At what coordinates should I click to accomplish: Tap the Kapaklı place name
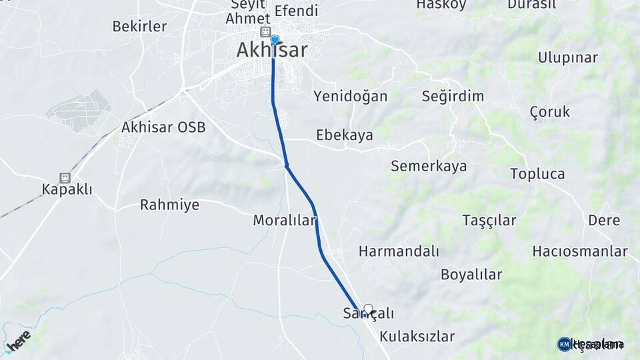click(x=67, y=190)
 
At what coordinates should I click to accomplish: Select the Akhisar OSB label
click(x=163, y=127)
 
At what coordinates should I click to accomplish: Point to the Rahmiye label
click(x=169, y=205)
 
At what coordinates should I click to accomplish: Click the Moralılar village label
click(x=284, y=220)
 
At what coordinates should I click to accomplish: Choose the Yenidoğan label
click(x=350, y=96)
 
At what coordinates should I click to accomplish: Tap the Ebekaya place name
click(x=344, y=135)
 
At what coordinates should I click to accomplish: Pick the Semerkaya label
click(x=429, y=166)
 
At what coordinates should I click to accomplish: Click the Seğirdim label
click(x=453, y=96)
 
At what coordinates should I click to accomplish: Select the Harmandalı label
click(x=399, y=251)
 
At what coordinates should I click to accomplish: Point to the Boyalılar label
click(x=471, y=274)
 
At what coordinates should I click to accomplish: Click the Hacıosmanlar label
click(x=580, y=251)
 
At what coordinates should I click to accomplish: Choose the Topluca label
click(x=537, y=174)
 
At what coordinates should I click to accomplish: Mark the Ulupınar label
click(x=568, y=57)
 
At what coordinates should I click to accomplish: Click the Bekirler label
click(x=139, y=27)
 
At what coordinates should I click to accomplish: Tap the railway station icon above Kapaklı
click(x=65, y=178)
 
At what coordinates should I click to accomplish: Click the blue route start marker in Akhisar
click(x=274, y=40)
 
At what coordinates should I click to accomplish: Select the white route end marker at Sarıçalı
click(x=368, y=309)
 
